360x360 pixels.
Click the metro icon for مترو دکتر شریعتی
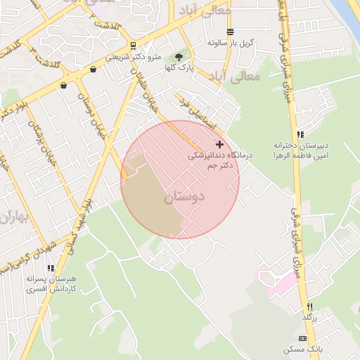point(133,46)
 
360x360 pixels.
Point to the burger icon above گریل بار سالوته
point(231,32)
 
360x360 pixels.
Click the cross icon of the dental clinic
point(219,143)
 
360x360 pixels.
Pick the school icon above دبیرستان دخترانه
point(300,134)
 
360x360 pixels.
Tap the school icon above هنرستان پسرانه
point(50,268)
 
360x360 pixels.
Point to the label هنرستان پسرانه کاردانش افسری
point(50,284)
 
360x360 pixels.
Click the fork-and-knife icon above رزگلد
point(309,307)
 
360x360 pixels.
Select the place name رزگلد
point(309,318)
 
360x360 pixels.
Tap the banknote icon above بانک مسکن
point(302,339)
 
